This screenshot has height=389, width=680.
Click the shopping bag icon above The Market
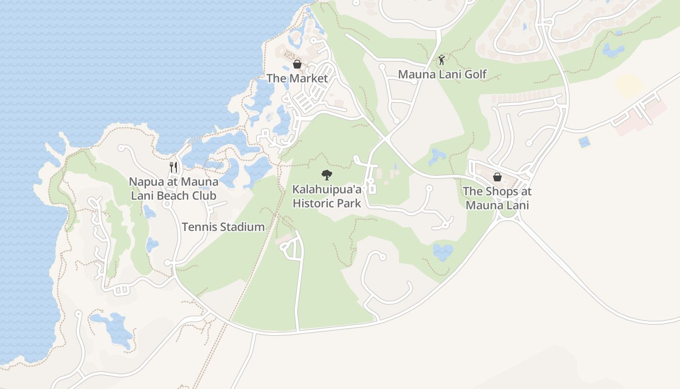[297, 64]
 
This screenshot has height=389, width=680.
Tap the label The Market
[297, 78]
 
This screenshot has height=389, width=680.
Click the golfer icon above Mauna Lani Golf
[442, 60]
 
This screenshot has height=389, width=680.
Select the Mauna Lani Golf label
[442, 74]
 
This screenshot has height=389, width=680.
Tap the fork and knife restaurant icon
[173, 167]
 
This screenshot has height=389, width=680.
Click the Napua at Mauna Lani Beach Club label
[173, 189]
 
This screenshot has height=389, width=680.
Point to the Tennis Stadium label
[223, 227]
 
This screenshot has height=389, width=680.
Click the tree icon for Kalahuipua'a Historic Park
[327, 175]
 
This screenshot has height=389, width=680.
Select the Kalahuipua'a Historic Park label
[327, 195]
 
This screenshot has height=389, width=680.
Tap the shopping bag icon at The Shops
[497, 177]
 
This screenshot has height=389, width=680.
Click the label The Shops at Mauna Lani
[497, 198]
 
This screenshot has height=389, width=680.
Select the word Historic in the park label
[316, 203]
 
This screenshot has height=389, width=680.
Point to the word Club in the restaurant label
[204, 196]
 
